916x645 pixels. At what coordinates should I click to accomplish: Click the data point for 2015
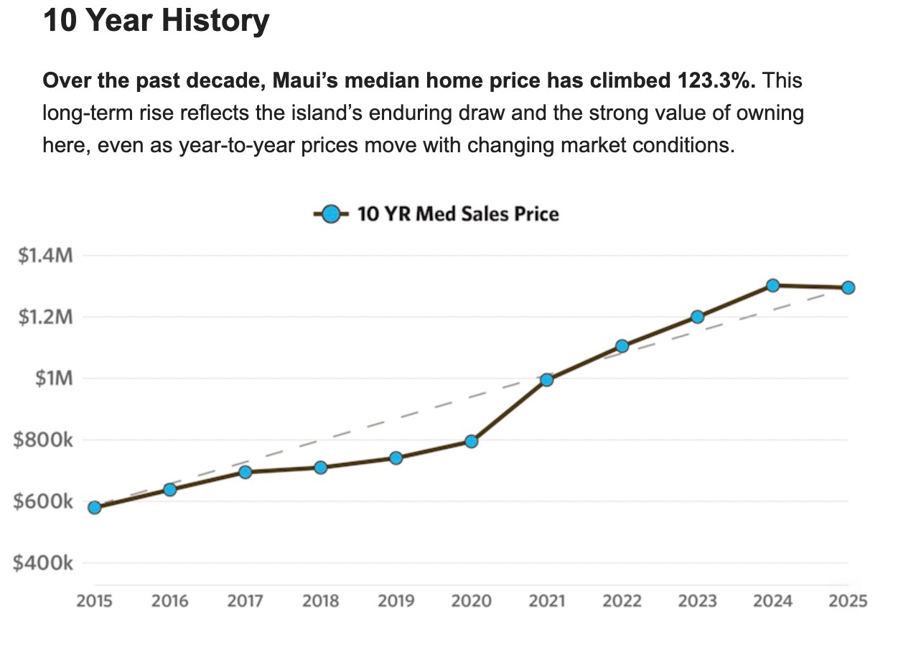pos(94,507)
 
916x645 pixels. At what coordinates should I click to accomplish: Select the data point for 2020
pos(471,441)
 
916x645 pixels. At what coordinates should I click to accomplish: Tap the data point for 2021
pos(547,380)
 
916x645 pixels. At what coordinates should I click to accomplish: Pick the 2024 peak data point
pos(772,285)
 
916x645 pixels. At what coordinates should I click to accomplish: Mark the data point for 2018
pos(321,468)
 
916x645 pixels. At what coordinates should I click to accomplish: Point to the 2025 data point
pos(848,287)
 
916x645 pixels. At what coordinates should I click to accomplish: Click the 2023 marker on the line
pos(697,317)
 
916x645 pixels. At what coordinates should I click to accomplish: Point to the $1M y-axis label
pos(54,379)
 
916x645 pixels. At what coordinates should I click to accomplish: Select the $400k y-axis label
pos(43,563)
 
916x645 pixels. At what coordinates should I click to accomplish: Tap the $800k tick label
pos(43,440)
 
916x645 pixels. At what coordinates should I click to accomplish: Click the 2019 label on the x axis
pos(396,601)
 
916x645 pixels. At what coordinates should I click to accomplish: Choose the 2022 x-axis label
pos(622,601)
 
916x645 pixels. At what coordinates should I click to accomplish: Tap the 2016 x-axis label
pos(170,601)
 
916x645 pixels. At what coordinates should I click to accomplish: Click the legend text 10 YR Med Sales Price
pos(457,214)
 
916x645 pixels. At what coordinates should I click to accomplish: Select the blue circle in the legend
pos(330,214)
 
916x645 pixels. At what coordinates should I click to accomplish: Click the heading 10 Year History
pos(156,21)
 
